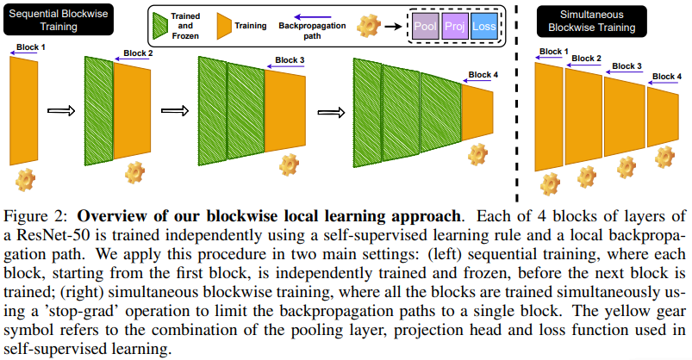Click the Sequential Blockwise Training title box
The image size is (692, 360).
(50, 21)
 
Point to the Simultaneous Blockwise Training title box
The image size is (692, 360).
(592, 21)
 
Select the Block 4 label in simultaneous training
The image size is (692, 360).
(666, 76)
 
